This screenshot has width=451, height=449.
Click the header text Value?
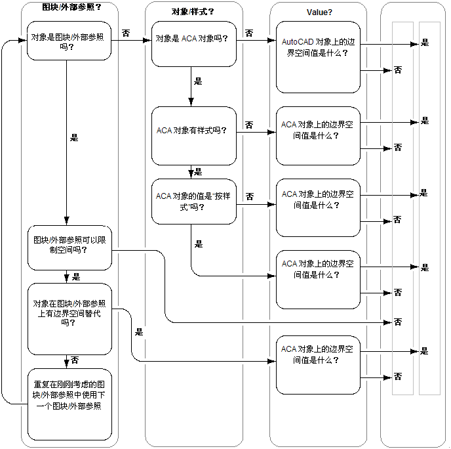click(x=319, y=12)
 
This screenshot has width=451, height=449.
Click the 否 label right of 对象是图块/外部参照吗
click(x=125, y=33)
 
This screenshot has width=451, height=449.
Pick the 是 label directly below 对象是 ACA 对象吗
click(x=198, y=82)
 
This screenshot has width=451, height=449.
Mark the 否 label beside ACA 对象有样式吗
click(x=250, y=125)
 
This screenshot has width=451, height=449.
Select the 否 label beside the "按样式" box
click(x=250, y=196)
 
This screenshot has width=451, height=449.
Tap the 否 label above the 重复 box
click(x=75, y=360)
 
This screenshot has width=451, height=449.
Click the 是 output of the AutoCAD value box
click(x=424, y=43)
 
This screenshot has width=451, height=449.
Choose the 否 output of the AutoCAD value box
click(x=398, y=70)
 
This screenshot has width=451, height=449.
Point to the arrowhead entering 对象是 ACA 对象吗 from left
click(x=148, y=40)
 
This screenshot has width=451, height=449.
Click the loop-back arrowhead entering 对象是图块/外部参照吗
click(x=24, y=41)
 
